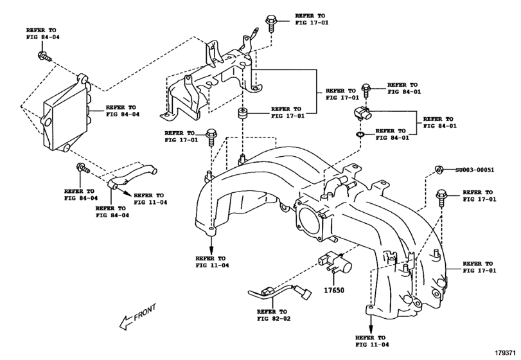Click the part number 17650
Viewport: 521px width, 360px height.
point(334,291)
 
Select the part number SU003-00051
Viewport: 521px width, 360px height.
point(475,170)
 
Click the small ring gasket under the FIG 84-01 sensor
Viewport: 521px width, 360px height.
point(359,135)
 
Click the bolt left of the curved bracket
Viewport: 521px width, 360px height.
point(82,170)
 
